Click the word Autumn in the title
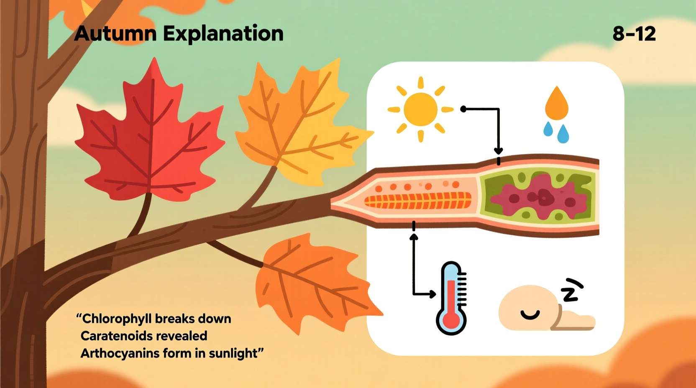click(115, 33)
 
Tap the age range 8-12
click(634, 34)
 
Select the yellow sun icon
click(420, 109)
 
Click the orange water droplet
click(557, 104)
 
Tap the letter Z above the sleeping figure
click(571, 290)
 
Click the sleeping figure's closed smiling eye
click(530, 315)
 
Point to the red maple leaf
click(151, 134)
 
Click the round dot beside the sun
click(463, 109)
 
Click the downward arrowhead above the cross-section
click(498, 151)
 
